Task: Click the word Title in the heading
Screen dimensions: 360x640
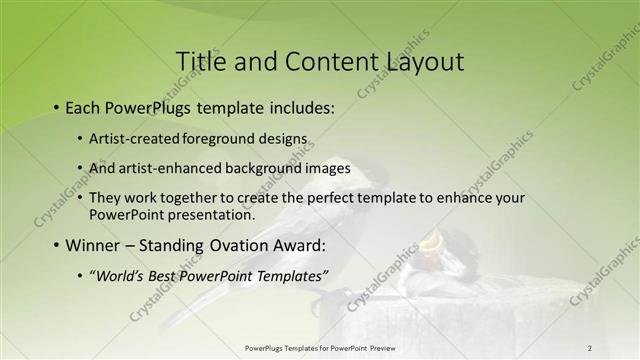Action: click(x=200, y=61)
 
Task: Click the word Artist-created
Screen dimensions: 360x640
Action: click(x=134, y=138)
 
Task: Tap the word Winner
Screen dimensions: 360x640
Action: click(x=92, y=245)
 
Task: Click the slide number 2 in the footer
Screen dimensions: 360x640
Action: click(x=589, y=348)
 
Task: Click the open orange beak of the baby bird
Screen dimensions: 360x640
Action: click(x=431, y=240)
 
